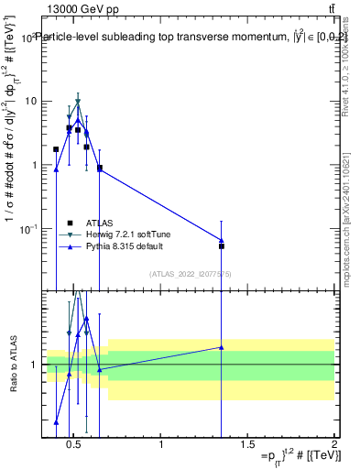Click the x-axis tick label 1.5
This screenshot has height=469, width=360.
pos(247,445)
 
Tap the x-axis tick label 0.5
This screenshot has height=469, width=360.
pos(76,445)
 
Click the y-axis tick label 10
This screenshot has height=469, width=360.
pos(29,101)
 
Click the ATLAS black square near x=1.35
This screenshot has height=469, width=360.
pos(221,245)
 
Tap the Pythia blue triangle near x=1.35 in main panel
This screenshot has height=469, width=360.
pos(221,240)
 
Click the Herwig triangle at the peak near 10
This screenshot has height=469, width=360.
pos(78,102)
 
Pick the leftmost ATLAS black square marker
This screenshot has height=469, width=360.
pos(56,148)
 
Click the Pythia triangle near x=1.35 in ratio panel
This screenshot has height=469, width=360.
pos(221,347)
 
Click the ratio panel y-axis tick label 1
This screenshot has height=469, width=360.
pos(33,365)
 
